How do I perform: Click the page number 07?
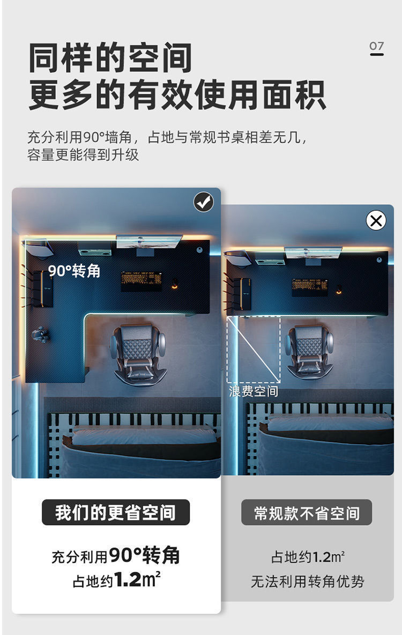pyautogui.click(x=377, y=47)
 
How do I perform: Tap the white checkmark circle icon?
pyautogui.click(x=204, y=202)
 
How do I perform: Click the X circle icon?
pyautogui.click(x=376, y=220)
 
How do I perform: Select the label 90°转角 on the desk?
pyautogui.click(x=74, y=271)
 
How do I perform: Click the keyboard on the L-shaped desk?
pyautogui.click(x=142, y=280)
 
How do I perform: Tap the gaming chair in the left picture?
pyautogui.click(x=138, y=353)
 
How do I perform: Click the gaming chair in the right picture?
pyautogui.click(x=309, y=351)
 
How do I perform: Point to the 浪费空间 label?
pyautogui.click(x=254, y=392)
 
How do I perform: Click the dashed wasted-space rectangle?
pyautogui.click(x=254, y=349)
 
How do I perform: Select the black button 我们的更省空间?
pyautogui.click(x=116, y=513)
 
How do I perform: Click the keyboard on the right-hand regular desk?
pyautogui.click(x=310, y=286)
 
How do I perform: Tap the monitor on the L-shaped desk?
pyautogui.click(x=149, y=241)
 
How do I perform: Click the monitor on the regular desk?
pyautogui.click(x=313, y=253)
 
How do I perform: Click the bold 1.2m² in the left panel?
pyautogui.click(x=137, y=580)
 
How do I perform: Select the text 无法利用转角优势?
pyautogui.click(x=307, y=581)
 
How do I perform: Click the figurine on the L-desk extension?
pyautogui.click(x=40, y=335)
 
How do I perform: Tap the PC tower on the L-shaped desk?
pyautogui.click(x=42, y=289)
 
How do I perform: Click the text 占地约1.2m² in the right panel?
pyautogui.click(x=307, y=557)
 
